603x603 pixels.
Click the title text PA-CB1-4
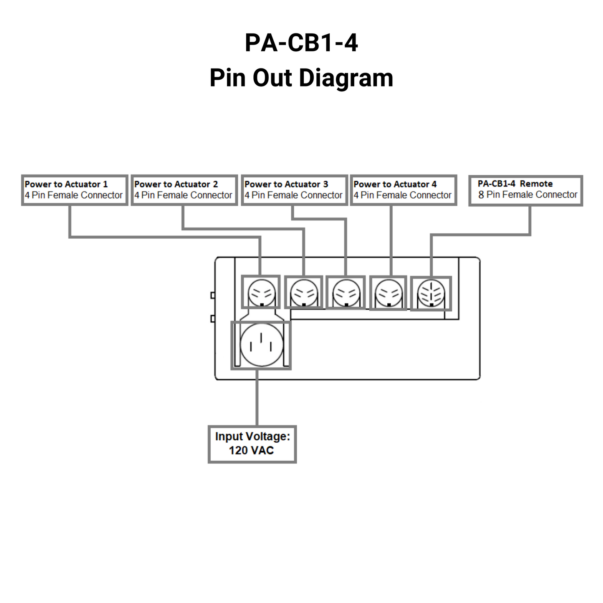[301, 43]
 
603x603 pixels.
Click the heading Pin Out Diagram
[301, 78]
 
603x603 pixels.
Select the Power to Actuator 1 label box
[74, 190]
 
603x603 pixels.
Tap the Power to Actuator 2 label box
[184, 190]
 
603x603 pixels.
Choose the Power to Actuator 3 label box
[294, 190]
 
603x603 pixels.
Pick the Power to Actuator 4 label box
[403, 190]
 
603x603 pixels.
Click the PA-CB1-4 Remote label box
[525, 190]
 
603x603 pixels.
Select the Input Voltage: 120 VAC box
[252, 444]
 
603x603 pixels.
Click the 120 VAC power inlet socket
[261, 345]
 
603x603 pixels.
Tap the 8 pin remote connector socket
[431, 294]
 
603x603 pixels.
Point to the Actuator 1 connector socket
[261, 293]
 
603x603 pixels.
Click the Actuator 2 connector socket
[303, 293]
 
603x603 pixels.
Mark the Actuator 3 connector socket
[346, 293]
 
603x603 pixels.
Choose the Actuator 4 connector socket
[389, 293]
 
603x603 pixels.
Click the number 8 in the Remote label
[481, 195]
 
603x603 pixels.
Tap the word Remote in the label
[536, 184]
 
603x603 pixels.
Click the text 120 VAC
[251, 450]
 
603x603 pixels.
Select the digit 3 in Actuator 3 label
[325, 184]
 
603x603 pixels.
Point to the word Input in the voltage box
[229, 436]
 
